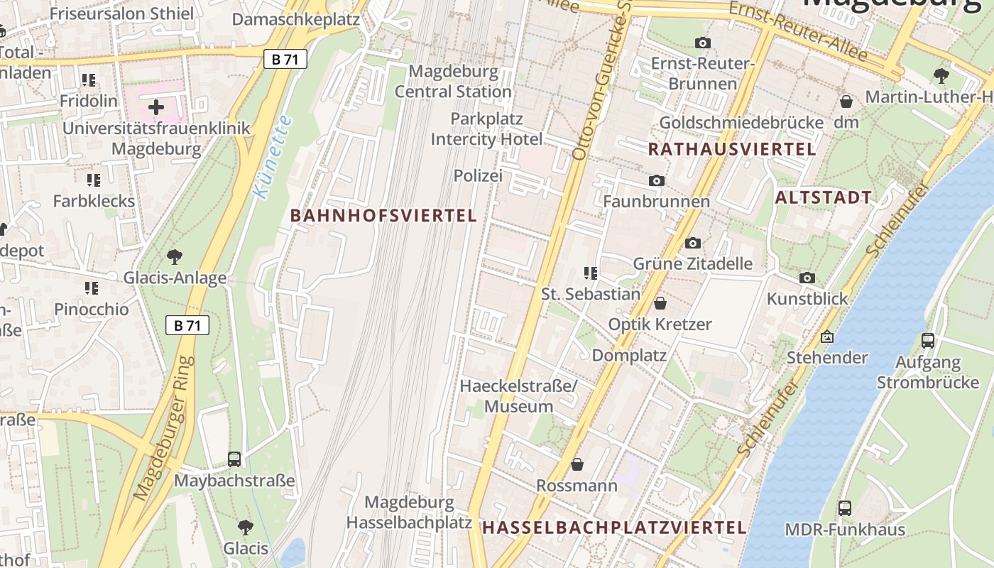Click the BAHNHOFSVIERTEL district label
(x=383, y=216)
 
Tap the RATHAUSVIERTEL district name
(x=732, y=149)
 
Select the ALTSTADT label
(x=824, y=198)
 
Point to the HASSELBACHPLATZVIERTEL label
(x=614, y=528)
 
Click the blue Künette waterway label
(x=273, y=157)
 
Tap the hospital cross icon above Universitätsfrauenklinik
(x=156, y=107)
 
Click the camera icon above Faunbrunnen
(x=657, y=181)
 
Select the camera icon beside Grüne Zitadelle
(x=693, y=243)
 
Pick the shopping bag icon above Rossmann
(x=577, y=464)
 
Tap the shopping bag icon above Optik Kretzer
(x=660, y=303)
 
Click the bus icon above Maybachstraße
(x=234, y=459)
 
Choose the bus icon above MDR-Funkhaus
(x=844, y=508)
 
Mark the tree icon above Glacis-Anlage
(x=175, y=256)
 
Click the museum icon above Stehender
(x=826, y=337)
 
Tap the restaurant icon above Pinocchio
(x=92, y=288)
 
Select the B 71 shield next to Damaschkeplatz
(x=285, y=59)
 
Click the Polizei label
(x=478, y=175)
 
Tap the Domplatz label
(x=629, y=355)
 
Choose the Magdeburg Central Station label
(x=453, y=82)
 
